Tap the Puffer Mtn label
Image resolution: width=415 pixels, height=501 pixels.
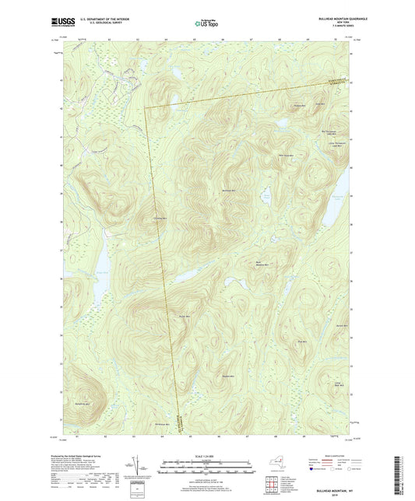pyautogui.click(x=184, y=316)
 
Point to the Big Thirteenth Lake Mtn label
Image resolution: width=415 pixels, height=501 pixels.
pyautogui.click(x=332, y=133)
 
